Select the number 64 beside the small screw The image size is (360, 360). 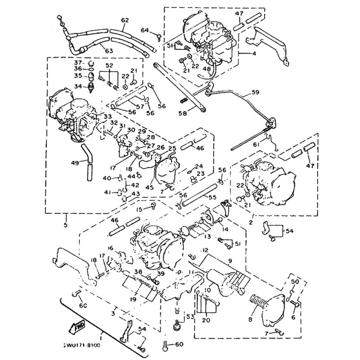144,30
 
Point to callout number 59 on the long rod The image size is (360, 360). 255,94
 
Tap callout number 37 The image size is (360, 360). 77,62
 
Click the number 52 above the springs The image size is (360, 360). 109,65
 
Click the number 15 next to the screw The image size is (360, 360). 139,209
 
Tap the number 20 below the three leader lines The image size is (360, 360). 206,320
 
